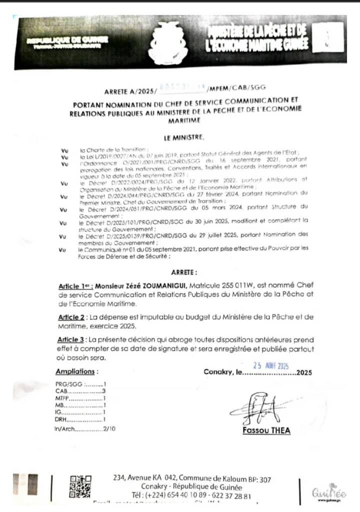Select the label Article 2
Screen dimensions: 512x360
(71, 317)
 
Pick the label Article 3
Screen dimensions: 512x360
(71, 340)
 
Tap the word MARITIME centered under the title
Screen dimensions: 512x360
(184, 120)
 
